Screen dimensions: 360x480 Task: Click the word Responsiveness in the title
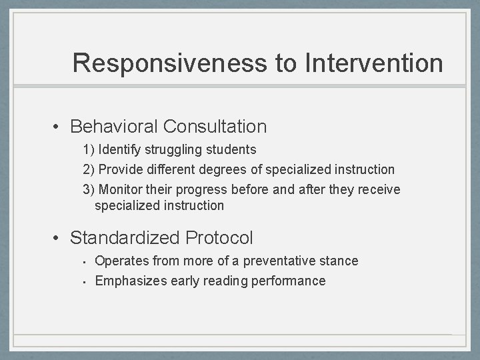pos(169,63)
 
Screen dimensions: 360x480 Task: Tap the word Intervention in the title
pos(374,63)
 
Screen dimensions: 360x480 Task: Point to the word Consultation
pos(215,126)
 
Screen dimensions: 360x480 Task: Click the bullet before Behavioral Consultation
pos(59,127)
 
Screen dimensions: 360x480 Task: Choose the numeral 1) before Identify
pos(89,149)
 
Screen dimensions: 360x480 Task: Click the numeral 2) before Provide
pos(89,169)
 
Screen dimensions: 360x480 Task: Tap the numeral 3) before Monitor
pos(89,189)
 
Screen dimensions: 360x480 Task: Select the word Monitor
pos(121,189)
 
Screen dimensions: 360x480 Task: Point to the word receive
pos(379,189)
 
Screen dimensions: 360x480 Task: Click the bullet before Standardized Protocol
pos(59,238)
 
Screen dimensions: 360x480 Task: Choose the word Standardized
pos(125,237)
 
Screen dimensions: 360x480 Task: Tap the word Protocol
pos(219,237)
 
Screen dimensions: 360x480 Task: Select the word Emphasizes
pos(129,281)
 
